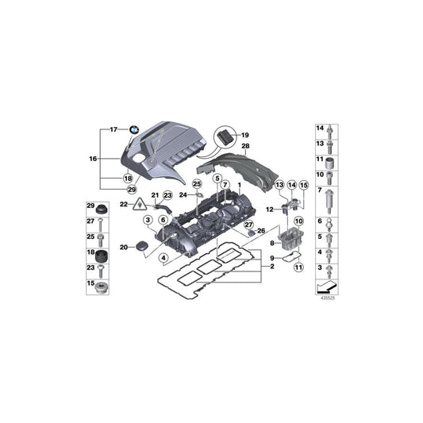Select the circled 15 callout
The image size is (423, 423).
(302, 185)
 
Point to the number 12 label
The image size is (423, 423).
(270, 210)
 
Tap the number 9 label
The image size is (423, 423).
(271, 259)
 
